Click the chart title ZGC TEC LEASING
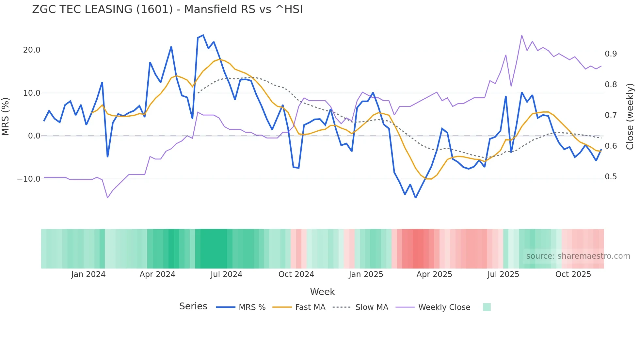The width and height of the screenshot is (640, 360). (167, 9)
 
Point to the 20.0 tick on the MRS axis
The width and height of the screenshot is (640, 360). (32, 50)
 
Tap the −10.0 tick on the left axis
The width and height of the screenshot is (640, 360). (29, 179)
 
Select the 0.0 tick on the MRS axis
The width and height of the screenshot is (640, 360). (34, 136)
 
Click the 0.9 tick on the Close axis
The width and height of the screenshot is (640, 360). (611, 54)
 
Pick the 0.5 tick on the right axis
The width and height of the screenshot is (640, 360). (611, 177)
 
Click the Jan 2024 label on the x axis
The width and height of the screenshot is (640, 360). (88, 274)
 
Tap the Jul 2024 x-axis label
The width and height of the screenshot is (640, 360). (226, 274)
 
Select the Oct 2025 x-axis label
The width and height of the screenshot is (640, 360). (573, 274)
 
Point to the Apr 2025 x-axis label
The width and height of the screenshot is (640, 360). (434, 274)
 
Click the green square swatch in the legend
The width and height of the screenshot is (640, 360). (487, 307)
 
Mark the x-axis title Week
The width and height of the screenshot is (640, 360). (322, 292)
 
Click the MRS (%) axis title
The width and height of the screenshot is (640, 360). (5, 116)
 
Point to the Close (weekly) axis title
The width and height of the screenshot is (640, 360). (630, 116)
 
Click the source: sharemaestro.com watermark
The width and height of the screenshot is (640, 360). (578, 256)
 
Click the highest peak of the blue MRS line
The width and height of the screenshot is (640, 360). (203, 35)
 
